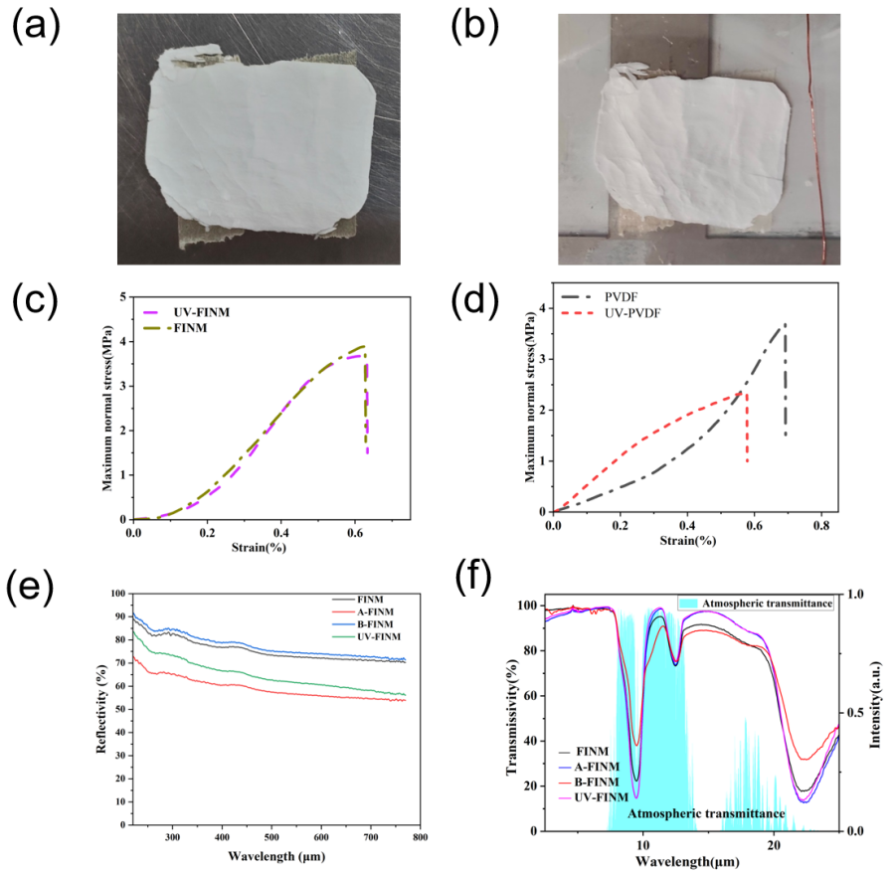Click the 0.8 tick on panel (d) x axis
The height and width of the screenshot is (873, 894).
[820, 525]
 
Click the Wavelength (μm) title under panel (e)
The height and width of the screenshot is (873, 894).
[275, 856]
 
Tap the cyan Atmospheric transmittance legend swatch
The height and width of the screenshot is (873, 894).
[690, 604]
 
